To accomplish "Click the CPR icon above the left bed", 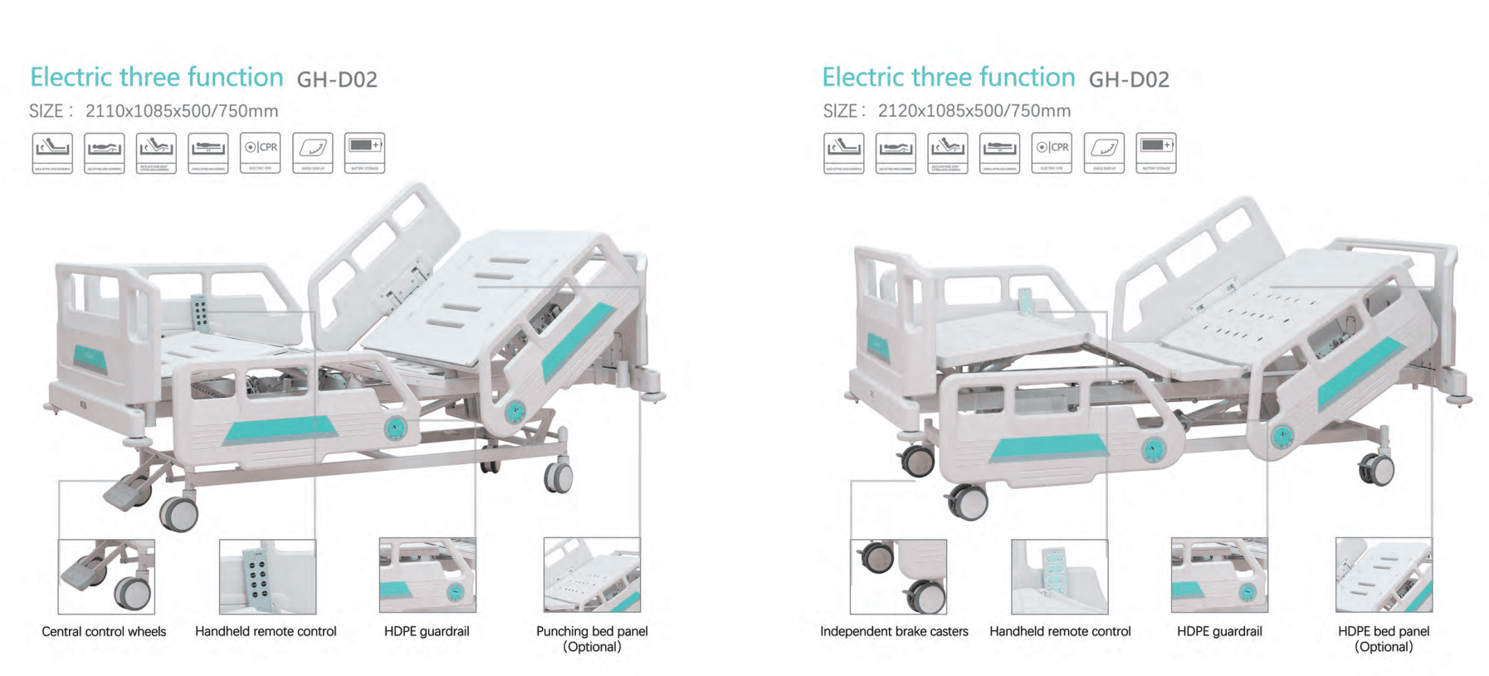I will tap(261, 152).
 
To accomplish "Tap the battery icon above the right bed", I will tap(1156, 152).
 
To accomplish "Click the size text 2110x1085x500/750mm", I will tap(182, 110).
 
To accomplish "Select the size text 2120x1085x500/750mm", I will tap(974, 110).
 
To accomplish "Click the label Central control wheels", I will tap(104, 631).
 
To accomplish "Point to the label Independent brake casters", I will tap(894, 631).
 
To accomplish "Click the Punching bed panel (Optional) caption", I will tap(592, 639).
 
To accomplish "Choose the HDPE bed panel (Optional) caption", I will tap(1384, 639).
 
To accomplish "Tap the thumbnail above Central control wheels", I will tap(106, 576).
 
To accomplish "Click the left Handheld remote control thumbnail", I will tap(267, 576).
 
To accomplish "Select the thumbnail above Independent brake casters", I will tap(898, 576).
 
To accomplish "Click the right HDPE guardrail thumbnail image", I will tap(1219, 575).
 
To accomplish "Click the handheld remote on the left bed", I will tap(199, 311).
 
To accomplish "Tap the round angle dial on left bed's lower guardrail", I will tap(395, 429).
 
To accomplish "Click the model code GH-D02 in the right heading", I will tap(1129, 80).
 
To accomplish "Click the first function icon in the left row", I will tap(52, 152).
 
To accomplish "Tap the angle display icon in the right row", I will tap(1104, 152).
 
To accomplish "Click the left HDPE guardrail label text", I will tap(427, 631).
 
